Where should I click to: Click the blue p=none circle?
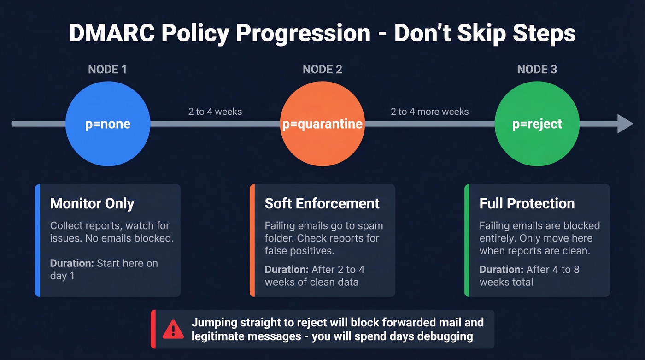107,124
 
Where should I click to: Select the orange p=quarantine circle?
322,124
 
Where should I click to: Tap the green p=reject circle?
537,124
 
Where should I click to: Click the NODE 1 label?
107,70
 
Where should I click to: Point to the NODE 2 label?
322,70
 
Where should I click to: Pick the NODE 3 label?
537,70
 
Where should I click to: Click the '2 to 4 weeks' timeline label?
215,112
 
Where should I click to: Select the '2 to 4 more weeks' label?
429,112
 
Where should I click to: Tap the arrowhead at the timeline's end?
625,124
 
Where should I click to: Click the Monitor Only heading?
92,203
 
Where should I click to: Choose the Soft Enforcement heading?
322,203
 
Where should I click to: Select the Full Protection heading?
527,203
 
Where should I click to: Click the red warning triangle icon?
173,329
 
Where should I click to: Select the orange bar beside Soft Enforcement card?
252,240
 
